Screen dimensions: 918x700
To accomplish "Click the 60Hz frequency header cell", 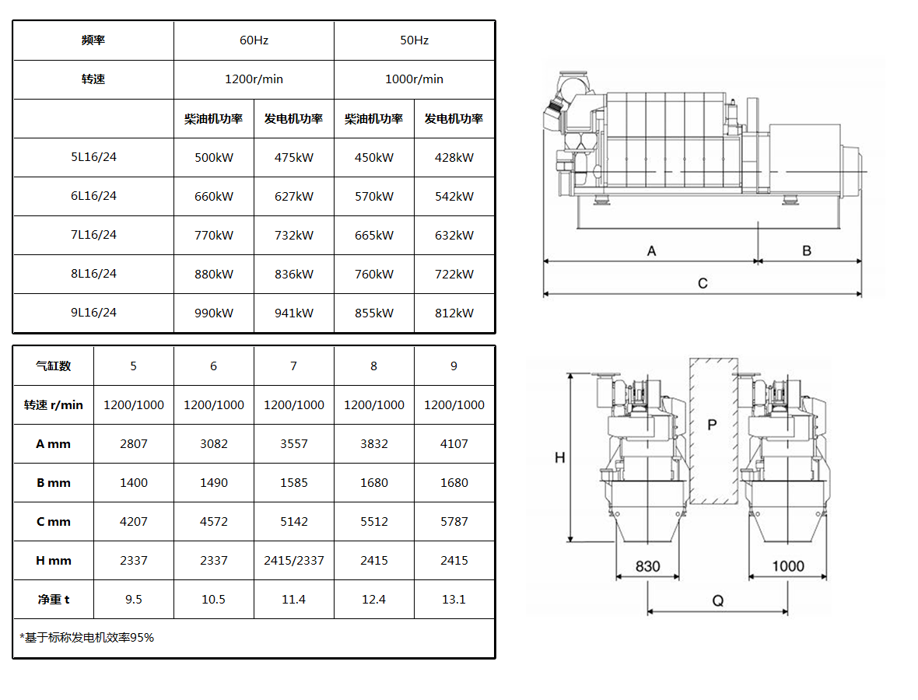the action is (254, 40).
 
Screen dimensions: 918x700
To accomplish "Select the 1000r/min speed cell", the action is (414, 79).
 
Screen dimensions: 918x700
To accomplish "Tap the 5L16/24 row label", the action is (93, 157).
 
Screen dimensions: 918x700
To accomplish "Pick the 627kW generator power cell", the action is (294, 196).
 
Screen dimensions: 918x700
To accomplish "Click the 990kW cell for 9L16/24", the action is (214, 313).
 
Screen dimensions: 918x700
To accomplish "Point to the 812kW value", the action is (454, 313).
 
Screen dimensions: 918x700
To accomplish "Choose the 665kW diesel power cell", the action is (373, 236).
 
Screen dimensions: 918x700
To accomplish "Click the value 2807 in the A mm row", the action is (134, 443).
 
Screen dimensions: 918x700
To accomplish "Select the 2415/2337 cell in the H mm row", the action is (294, 561).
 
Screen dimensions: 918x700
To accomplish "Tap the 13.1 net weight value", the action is (454, 600).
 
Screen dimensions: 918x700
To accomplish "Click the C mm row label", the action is (53, 521).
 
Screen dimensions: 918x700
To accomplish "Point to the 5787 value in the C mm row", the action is (454, 521).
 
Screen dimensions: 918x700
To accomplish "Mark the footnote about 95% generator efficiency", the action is (86, 637).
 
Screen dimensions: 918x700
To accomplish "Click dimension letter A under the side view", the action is (652, 251).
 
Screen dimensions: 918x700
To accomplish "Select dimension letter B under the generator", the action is (807, 251).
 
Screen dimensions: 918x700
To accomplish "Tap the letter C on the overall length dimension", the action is (703, 283).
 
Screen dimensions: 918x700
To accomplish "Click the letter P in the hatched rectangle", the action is (712, 425).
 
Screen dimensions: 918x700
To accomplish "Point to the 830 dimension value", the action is (647, 566).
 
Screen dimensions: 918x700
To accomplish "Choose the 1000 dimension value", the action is (788, 566).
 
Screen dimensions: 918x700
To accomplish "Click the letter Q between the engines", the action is (718, 600).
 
